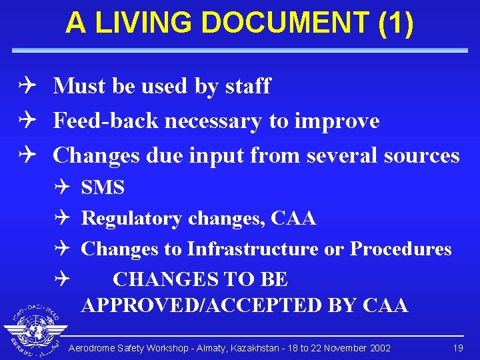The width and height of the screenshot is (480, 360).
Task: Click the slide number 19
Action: point(457,348)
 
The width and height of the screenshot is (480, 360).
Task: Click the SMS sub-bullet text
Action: point(103,188)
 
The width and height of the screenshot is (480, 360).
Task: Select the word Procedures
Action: point(401,249)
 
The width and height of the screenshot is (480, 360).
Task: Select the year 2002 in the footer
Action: point(378,348)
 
